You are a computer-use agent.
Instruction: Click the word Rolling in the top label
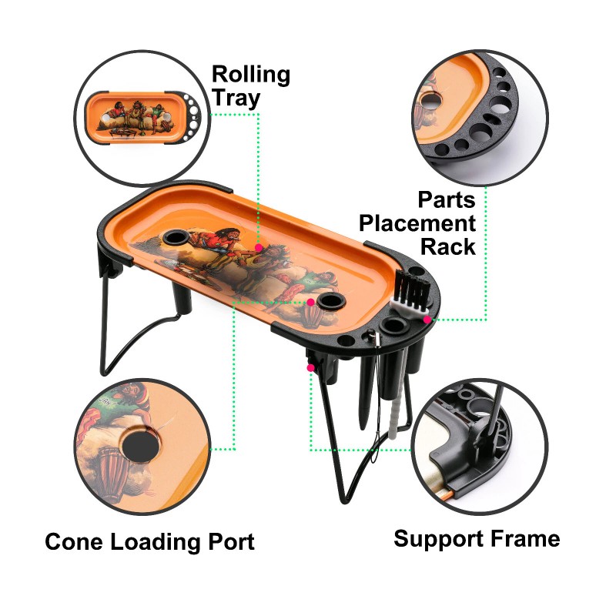click(251, 75)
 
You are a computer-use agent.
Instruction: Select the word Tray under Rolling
click(236, 98)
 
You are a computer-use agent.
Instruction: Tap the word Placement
click(417, 223)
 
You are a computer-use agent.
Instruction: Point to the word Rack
click(448, 247)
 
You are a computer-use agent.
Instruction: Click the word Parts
click(447, 199)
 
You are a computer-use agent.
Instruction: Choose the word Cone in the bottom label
click(73, 541)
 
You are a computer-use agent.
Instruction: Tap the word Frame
click(527, 538)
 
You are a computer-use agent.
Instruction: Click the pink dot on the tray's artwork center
click(259, 248)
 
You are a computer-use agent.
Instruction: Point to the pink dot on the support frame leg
click(310, 368)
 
